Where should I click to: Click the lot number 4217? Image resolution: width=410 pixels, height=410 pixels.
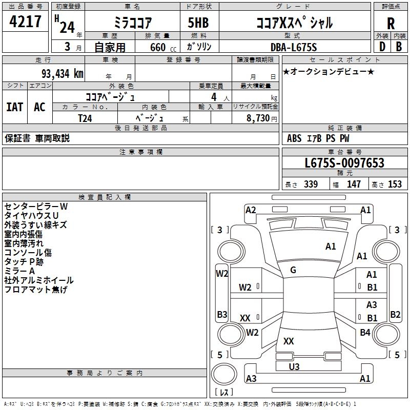(25, 22)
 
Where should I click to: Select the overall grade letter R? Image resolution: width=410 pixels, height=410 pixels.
(391, 24)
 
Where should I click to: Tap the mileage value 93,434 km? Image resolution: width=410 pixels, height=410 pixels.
(62, 74)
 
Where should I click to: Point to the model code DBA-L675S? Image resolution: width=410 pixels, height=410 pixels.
(294, 47)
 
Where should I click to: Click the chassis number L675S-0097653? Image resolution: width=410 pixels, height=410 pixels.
(344, 163)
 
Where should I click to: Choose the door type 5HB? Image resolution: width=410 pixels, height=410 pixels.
(198, 23)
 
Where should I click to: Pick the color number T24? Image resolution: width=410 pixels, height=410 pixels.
(85, 118)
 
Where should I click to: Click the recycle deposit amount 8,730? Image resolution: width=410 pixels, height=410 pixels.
(258, 118)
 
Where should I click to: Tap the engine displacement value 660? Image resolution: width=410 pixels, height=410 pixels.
(158, 47)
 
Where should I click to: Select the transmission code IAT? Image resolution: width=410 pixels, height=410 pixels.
(15, 107)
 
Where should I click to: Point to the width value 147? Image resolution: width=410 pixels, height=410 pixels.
(354, 184)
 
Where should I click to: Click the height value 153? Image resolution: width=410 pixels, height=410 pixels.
(395, 184)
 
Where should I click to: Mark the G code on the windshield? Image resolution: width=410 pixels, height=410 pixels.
(293, 270)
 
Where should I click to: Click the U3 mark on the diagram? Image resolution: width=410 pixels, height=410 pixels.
(294, 366)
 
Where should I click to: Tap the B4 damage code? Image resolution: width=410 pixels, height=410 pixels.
(365, 332)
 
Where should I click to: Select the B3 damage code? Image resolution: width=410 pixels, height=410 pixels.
(222, 314)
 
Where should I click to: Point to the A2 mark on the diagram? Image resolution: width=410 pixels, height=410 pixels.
(251, 210)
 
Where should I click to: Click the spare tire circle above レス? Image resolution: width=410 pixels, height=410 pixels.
(224, 374)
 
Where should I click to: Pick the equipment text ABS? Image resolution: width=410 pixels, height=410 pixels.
(294, 138)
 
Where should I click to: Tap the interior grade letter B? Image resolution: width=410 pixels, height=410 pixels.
(399, 47)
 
